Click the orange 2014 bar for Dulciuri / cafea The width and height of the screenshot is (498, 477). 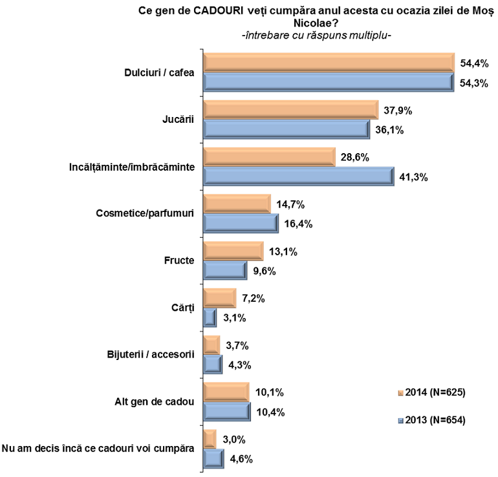(x=329, y=63)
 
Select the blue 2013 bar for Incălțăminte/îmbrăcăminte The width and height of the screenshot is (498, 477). (x=299, y=176)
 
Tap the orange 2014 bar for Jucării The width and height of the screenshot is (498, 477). (x=291, y=110)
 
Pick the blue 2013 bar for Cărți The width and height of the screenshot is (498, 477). (x=210, y=318)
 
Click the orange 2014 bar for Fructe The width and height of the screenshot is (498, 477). (x=233, y=251)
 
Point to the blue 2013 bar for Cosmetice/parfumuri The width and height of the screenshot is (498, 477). (x=241, y=224)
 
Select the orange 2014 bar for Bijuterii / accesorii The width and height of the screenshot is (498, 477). (x=211, y=345)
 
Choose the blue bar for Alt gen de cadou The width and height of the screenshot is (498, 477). (x=227, y=412)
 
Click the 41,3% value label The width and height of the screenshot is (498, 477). (x=413, y=177)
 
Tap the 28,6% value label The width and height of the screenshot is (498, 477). (x=355, y=157)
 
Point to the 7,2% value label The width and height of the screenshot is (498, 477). (x=254, y=299)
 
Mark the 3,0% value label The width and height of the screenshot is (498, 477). (x=234, y=440)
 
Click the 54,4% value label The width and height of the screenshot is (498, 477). (x=474, y=63)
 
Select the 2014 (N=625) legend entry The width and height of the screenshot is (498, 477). (x=431, y=392)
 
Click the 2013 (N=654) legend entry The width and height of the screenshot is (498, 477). (x=431, y=420)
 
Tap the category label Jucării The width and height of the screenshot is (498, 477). (x=178, y=119)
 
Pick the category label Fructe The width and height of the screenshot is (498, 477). (x=179, y=260)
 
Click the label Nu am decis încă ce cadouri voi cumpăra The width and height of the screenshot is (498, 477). (x=98, y=449)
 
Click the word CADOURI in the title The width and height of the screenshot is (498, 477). (x=218, y=11)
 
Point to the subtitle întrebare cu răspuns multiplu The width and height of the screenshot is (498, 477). (x=316, y=36)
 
